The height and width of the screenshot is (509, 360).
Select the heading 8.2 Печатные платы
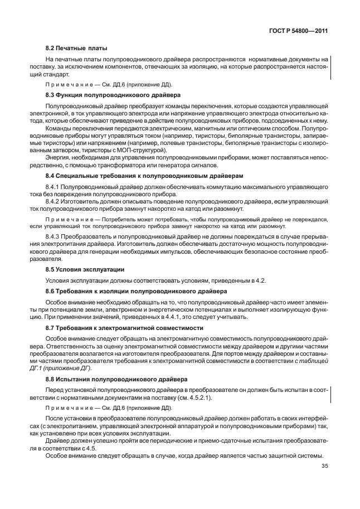coord(76,49)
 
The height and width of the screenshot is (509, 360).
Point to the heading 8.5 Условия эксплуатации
coord(85,269)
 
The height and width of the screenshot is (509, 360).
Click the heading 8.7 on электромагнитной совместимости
coord(124,328)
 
